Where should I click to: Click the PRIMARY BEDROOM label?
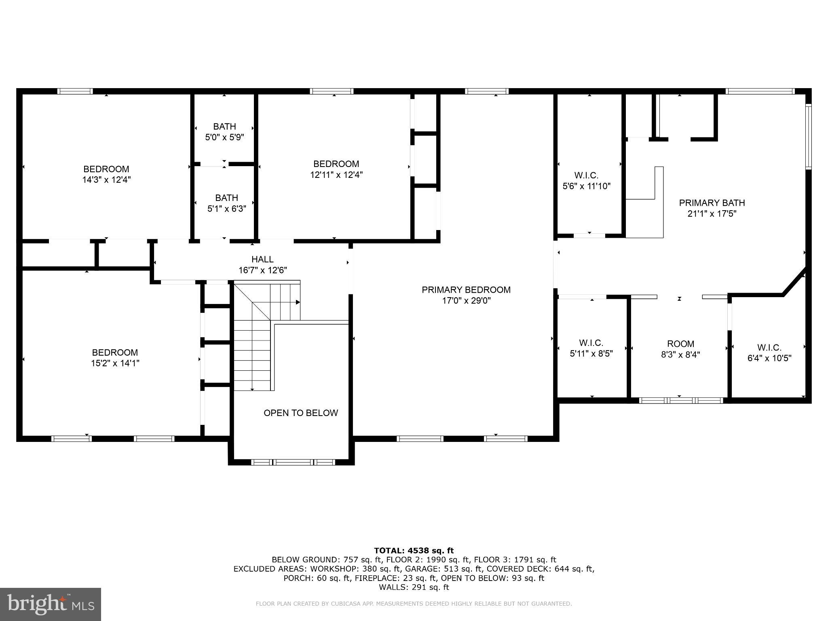(466, 290)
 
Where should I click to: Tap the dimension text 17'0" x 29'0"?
(466, 301)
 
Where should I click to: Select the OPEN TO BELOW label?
(300, 413)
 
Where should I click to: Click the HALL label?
(262, 260)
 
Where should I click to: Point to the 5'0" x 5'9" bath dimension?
(224, 137)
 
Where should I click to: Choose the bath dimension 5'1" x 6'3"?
(226, 209)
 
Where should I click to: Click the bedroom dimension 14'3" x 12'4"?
(106, 180)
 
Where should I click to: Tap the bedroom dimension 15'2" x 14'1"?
(115, 363)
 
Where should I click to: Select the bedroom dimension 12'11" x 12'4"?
(336, 175)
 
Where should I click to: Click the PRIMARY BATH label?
(712, 203)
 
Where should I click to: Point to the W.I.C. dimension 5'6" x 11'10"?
(586, 186)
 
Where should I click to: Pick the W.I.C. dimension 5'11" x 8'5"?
(591, 354)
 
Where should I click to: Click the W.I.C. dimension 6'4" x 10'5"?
(769, 358)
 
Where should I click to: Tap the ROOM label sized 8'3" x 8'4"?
(680, 344)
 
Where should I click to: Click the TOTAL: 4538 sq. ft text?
(414, 551)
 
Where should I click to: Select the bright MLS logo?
(51, 604)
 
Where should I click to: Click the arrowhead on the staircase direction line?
(298, 302)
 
